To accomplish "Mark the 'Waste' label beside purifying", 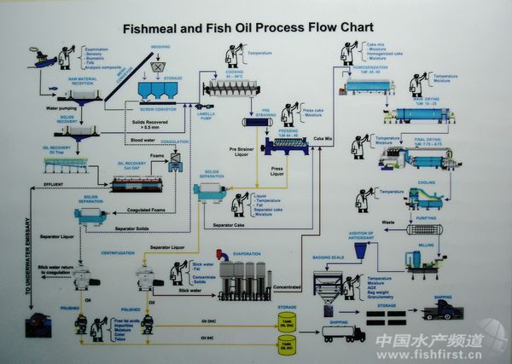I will point(388,222).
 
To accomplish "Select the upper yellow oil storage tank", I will point(288,321).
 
